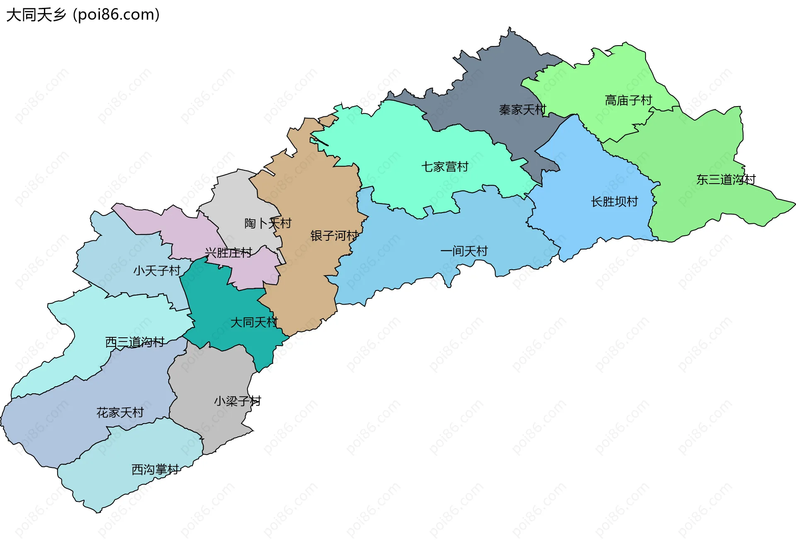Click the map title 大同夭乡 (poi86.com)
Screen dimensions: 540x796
[83, 15]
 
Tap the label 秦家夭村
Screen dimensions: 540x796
[522, 110]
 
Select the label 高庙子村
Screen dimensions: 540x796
[628, 100]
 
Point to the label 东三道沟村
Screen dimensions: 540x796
[726, 179]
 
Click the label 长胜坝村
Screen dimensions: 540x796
[614, 202]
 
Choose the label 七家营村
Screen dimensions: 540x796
[445, 167]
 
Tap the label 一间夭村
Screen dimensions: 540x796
[464, 251]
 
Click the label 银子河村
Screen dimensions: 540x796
[334, 236]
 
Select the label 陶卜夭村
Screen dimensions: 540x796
[268, 223]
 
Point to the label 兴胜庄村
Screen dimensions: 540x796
[228, 253]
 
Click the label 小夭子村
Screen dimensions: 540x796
[157, 271]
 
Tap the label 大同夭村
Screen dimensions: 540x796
[254, 322]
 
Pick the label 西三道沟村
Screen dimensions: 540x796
[135, 342]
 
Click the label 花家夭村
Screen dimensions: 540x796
[120, 412]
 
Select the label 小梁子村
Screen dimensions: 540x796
[238, 401]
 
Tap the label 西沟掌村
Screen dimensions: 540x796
[155, 469]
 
